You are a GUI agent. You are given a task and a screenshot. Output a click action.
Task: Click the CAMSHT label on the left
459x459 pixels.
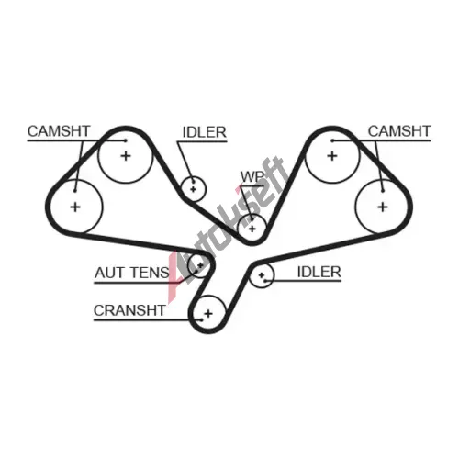coord(59,131)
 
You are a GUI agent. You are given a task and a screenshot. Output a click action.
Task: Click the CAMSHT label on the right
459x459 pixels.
coord(399,131)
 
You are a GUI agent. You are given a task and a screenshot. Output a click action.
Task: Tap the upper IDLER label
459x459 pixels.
coord(204,132)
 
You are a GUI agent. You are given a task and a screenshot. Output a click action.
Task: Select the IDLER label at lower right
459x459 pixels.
coord(319,272)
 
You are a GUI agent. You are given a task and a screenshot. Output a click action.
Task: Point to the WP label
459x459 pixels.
coord(252,176)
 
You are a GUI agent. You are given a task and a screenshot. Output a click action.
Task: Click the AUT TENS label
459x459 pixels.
coord(132,273)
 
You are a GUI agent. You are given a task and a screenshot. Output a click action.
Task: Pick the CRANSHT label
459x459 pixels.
coord(129,310)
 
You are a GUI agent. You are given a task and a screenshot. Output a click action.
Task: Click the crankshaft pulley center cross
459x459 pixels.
coord(208,314)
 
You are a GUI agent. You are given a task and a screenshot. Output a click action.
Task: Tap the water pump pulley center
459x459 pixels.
coord(252,229)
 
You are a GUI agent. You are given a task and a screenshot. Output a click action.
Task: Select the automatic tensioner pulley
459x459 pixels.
coord(199,265)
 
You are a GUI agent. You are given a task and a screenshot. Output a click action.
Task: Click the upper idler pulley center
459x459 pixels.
coord(193,189)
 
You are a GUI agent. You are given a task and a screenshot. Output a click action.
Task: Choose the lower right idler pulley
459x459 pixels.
coord(262,275)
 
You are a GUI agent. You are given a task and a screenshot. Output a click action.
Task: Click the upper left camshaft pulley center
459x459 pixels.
coord(126,156)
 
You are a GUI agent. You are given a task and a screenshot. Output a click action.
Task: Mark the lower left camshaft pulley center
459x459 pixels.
coord(75,207)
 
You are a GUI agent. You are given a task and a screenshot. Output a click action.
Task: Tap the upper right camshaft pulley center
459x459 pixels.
coord(332,156)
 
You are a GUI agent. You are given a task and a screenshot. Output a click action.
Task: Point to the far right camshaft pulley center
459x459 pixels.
coord(383,207)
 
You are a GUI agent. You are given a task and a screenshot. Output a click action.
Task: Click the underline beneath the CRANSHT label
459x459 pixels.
coord(148,320)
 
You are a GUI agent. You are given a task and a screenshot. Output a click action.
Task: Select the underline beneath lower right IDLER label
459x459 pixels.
coord(303,280)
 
